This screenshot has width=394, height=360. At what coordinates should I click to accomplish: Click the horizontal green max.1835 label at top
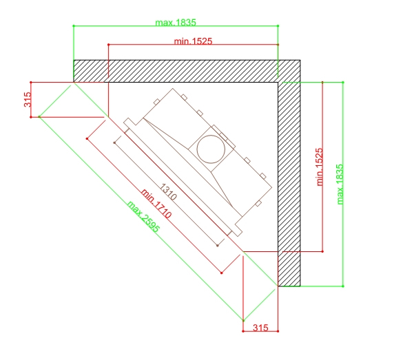click(x=176, y=22)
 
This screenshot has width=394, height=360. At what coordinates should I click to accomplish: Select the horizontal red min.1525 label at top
click(x=193, y=41)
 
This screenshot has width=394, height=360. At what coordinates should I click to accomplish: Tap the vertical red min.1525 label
click(x=320, y=167)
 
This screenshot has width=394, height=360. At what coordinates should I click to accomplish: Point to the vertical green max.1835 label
click(x=340, y=184)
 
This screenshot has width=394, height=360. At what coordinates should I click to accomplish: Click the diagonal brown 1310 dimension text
click(x=168, y=192)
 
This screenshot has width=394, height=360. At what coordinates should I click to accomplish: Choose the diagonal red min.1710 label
click(x=156, y=204)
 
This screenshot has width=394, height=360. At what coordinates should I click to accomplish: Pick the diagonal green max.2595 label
click(x=143, y=216)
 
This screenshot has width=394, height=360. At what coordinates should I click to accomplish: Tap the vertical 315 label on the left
click(x=28, y=99)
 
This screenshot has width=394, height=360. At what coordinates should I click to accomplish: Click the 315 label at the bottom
click(x=260, y=328)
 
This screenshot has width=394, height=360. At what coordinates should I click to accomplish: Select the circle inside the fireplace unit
click(x=211, y=136)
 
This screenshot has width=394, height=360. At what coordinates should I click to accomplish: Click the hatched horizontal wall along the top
click(x=187, y=71)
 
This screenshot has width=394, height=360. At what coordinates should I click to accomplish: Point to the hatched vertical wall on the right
click(x=289, y=184)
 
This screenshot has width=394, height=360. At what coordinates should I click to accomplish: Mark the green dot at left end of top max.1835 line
click(x=74, y=26)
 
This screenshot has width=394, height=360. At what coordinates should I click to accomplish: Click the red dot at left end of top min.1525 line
click(x=109, y=45)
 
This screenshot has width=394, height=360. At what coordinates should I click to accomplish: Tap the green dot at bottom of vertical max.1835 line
click(x=343, y=286)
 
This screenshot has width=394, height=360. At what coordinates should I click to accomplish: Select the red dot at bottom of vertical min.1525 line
click(x=322, y=251)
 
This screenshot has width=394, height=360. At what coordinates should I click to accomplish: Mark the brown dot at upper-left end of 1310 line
click(x=114, y=142)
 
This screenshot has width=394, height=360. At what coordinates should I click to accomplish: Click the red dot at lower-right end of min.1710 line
click(x=221, y=273)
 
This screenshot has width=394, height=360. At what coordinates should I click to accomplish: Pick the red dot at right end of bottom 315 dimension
click(x=278, y=331)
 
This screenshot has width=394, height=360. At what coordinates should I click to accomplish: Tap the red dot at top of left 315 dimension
click(x=31, y=82)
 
